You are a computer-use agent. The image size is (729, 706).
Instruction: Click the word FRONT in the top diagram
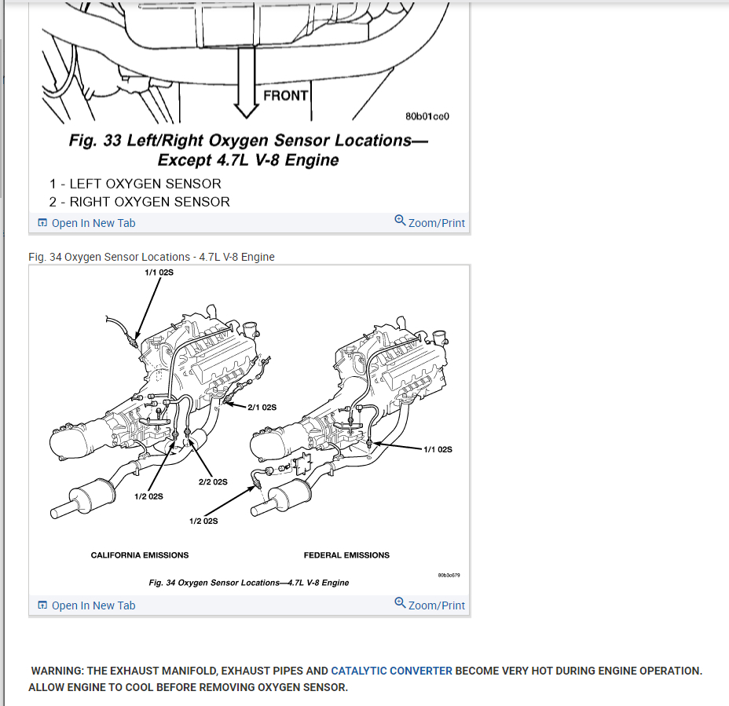(x=286, y=96)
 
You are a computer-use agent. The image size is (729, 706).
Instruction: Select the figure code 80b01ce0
(x=427, y=116)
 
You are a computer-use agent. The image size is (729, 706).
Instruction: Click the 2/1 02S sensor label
(x=262, y=408)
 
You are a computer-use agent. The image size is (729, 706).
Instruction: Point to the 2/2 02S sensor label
(x=213, y=481)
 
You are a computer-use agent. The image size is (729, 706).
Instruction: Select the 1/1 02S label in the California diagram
(x=159, y=273)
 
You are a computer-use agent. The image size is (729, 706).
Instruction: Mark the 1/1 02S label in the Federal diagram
(x=438, y=449)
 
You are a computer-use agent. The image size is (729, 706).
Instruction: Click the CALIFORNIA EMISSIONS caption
(x=140, y=555)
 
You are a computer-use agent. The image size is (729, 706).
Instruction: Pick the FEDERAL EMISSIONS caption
(x=346, y=555)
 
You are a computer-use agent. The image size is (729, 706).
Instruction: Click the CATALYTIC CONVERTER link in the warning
(x=391, y=671)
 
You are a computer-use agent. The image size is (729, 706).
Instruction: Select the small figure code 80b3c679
(x=449, y=575)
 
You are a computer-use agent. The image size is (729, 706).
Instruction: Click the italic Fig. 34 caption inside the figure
(x=249, y=583)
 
